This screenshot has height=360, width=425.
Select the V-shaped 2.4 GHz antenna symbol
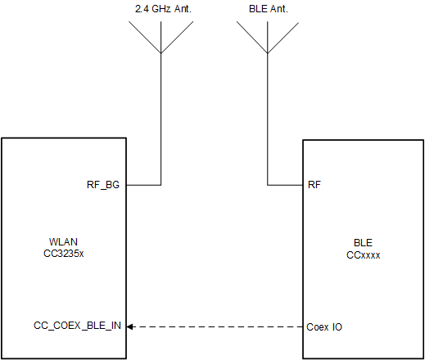[x=161, y=38]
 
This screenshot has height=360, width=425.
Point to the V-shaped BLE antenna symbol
[x=267, y=38]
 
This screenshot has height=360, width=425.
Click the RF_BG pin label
[x=103, y=185]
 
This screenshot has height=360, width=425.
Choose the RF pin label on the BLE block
[x=314, y=185]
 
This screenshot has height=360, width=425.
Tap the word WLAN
[x=63, y=242]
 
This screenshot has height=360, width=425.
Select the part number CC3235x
[x=63, y=254]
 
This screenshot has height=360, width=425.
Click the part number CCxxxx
[x=363, y=254]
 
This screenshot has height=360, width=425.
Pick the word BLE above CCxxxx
[x=363, y=243]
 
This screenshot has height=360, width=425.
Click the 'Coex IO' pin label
[x=324, y=326]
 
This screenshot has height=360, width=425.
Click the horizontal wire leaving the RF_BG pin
[x=143, y=185]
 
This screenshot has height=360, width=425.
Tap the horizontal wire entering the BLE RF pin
[x=285, y=185]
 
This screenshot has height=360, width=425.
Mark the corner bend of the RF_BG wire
[x=161, y=185]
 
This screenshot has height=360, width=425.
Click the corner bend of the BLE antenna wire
[x=267, y=185]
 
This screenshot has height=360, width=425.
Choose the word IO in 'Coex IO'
[x=337, y=326]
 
